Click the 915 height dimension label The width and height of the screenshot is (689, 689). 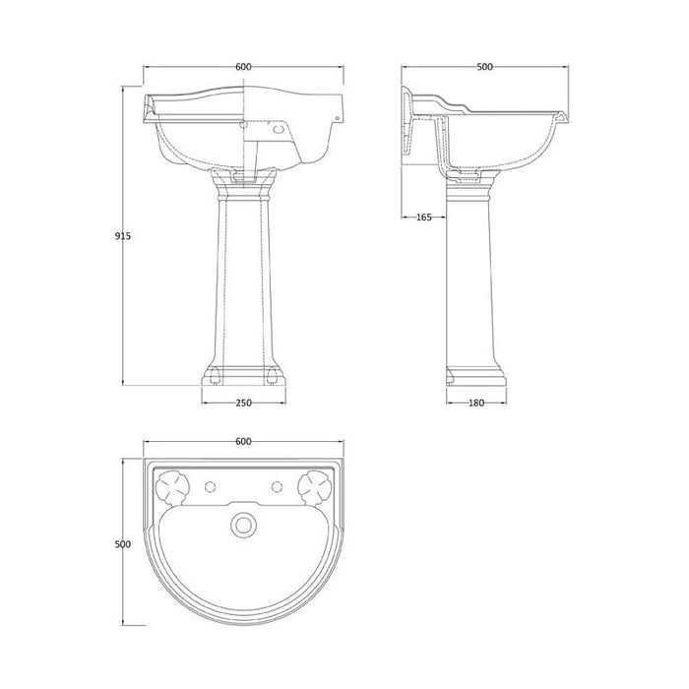pyautogui.click(x=123, y=236)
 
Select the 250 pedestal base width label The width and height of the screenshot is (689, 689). pyautogui.click(x=243, y=403)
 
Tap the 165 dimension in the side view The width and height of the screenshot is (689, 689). pyautogui.click(x=423, y=218)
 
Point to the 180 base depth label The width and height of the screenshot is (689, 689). pyautogui.click(x=476, y=403)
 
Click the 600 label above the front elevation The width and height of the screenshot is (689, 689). pyautogui.click(x=243, y=67)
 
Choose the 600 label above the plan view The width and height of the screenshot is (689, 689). pyautogui.click(x=243, y=441)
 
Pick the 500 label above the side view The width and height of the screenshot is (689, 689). pyautogui.click(x=484, y=67)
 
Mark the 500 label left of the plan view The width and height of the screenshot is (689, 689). pyautogui.click(x=123, y=544)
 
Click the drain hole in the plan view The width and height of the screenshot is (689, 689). pyautogui.click(x=243, y=525)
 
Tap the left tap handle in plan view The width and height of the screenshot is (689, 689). pyautogui.click(x=172, y=487)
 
